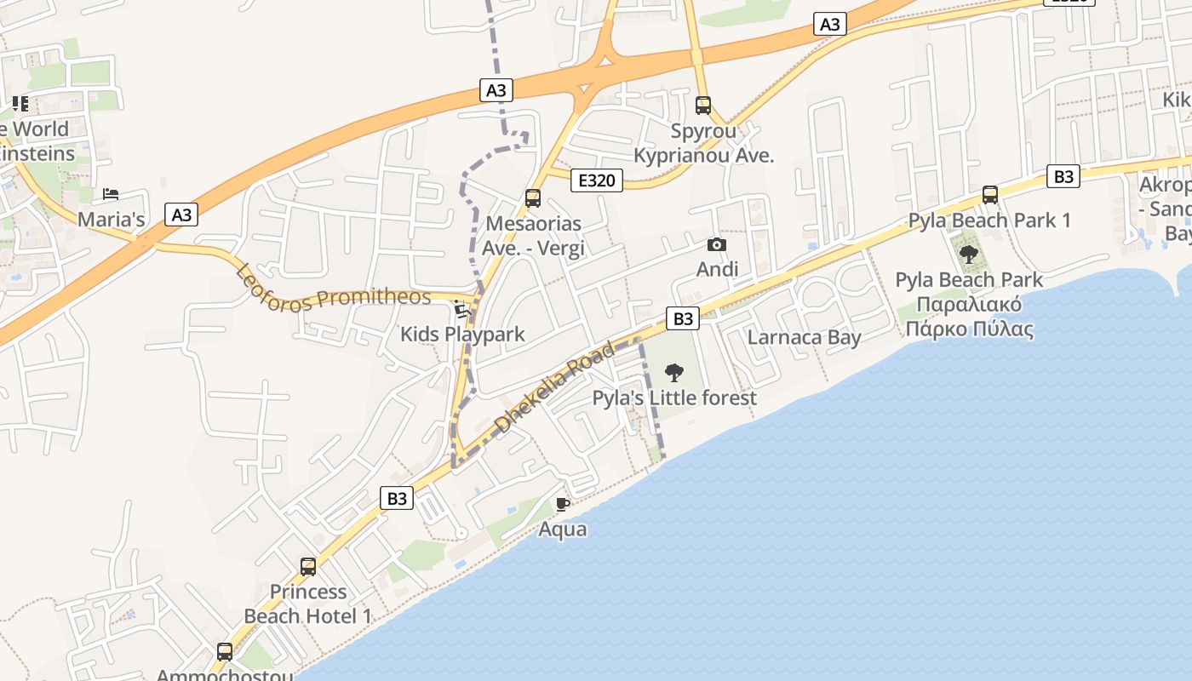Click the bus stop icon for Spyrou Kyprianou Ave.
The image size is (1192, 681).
(x=703, y=106)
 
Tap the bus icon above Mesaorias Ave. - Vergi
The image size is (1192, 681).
(x=533, y=198)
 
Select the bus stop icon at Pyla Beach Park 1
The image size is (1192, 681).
(x=990, y=195)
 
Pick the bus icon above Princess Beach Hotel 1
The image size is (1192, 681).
(x=308, y=566)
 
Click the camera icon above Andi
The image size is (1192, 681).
(x=717, y=245)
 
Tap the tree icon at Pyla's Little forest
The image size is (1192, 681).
(x=673, y=372)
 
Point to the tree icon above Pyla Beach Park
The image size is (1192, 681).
(x=969, y=254)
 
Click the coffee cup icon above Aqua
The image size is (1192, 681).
(x=562, y=504)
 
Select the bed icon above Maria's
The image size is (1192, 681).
(x=111, y=194)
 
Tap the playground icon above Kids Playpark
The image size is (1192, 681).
(x=462, y=309)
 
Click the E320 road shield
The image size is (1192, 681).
(x=597, y=180)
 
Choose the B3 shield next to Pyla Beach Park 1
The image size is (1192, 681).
(x=1063, y=177)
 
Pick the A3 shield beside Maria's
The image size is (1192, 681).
(x=182, y=215)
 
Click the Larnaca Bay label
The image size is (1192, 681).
(x=804, y=337)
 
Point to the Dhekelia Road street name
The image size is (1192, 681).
(x=554, y=386)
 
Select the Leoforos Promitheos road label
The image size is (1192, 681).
(x=333, y=289)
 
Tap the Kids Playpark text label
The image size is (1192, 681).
(x=462, y=335)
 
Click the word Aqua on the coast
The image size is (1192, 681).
(x=563, y=529)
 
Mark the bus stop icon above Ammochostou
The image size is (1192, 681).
(x=225, y=652)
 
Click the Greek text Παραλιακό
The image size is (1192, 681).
(x=969, y=305)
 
